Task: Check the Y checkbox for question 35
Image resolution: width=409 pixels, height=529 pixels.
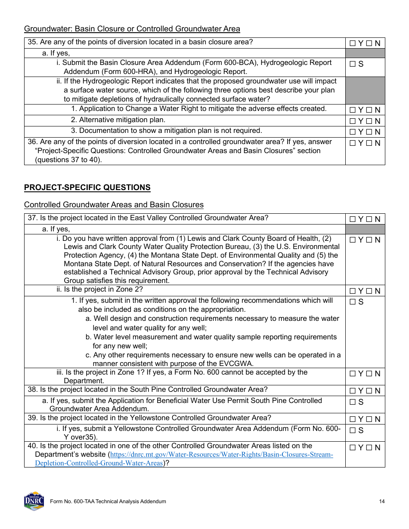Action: pyautogui.click(x=353, y=43)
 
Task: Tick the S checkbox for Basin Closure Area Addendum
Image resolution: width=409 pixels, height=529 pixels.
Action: pyautogui.click(x=353, y=64)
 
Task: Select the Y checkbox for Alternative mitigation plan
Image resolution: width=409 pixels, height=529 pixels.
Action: pyautogui.click(x=353, y=121)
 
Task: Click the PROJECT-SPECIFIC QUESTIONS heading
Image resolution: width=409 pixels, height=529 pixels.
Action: pyautogui.click(x=87, y=188)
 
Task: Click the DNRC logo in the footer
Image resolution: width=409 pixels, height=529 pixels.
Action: pyautogui.click(x=34, y=501)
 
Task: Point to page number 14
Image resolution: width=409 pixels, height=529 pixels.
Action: pyautogui.click(x=382, y=501)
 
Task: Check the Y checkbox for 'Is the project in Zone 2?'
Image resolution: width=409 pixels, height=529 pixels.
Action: pyautogui.click(x=353, y=291)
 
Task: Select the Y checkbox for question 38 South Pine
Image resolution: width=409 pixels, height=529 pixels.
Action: pyautogui.click(x=353, y=391)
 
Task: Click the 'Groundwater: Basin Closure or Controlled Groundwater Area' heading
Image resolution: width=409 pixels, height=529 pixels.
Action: pyautogui.click(x=132, y=29)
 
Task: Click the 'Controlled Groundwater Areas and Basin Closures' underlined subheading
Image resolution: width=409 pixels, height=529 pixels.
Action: pyautogui.click(x=114, y=205)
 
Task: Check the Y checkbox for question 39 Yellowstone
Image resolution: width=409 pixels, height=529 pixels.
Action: pyautogui.click(x=353, y=419)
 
